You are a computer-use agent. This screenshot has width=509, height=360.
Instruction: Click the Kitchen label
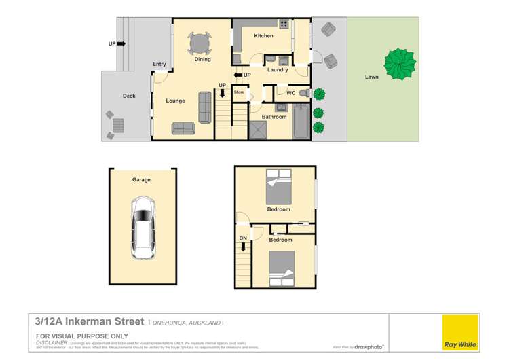(x=263, y=35)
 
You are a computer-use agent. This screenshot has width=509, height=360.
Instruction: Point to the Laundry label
(x=278, y=70)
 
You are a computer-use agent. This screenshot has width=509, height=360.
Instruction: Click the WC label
(x=290, y=93)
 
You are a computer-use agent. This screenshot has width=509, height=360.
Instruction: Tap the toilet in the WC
(x=305, y=92)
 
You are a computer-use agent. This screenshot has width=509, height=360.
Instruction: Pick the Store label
(x=239, y=92)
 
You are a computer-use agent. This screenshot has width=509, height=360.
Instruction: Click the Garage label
(x=141, y=180)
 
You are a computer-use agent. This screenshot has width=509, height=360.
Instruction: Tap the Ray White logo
(x=460, y=334)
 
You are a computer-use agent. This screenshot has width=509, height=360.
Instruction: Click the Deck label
(x=129, y=96)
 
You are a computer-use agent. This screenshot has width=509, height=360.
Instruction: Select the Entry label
(x=159, y=65)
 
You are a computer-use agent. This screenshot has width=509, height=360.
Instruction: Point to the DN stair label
(x=243, y=238)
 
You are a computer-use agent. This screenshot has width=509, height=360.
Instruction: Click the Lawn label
(x=371, y=77)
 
